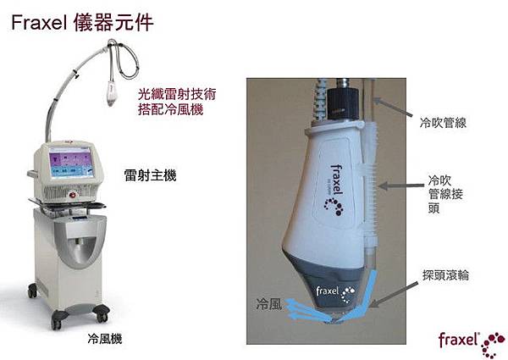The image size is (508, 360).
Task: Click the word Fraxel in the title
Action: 39,23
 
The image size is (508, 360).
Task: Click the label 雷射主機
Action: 151,175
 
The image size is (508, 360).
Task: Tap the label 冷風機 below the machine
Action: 105,339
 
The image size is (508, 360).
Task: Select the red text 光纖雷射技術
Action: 177,94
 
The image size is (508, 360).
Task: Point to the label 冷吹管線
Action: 443,123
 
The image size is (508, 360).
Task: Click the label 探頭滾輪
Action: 445,275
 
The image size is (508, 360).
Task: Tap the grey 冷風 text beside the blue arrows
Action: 268,305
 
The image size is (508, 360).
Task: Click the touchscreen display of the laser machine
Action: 72,161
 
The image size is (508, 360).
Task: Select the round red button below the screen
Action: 73,195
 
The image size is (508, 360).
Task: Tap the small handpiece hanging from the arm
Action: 111,94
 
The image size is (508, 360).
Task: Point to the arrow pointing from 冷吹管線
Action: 393,108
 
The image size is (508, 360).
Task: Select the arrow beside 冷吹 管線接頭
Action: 401,186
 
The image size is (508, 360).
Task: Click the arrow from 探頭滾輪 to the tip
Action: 394,294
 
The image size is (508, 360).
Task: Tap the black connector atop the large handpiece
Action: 343,100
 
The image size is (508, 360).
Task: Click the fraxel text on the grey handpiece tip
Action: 328,291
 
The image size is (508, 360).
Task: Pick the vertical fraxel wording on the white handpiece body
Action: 337,180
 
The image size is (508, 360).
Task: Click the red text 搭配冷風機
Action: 170,109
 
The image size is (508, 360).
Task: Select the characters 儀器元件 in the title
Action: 113,23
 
